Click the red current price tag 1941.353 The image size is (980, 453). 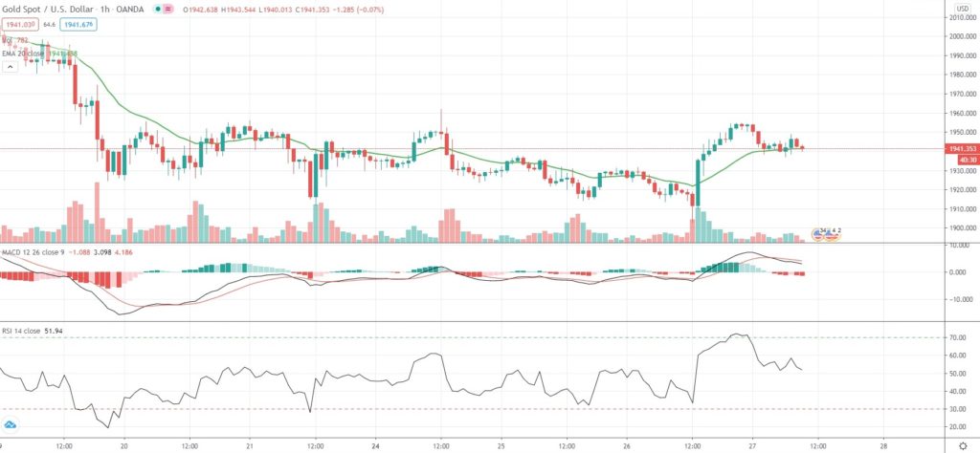[x=960, y=149]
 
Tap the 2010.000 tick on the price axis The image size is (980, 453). [x=962, y=17]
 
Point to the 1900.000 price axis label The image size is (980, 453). [x=962, y=228]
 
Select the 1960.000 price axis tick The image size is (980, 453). [x=962, y=113]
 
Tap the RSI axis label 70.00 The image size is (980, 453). [x=958, y=337]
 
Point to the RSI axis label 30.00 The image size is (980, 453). [x=958, y=409]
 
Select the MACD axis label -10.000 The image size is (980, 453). [x=960, y=299]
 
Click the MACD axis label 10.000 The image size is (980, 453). [x=960, y=246]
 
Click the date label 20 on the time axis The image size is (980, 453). [x=125, y=445]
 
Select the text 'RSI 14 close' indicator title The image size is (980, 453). [x=21, y=332]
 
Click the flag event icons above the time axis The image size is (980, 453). [x=826, y=232]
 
